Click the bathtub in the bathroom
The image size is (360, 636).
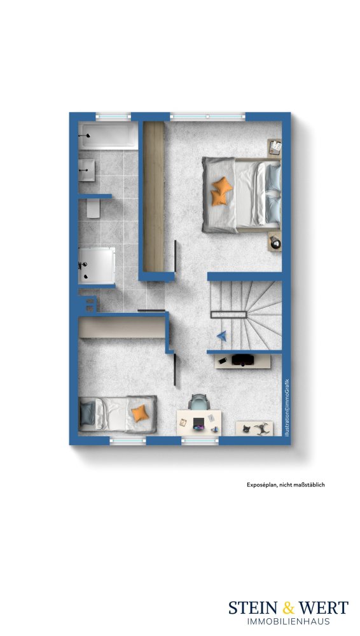[x=108, y=135]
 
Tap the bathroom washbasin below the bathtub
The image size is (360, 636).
[x=87, y=170]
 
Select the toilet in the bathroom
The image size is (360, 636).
[x=93, y=209]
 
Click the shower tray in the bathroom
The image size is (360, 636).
[x=97, y=266]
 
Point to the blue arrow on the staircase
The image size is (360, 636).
[x=221, y=335]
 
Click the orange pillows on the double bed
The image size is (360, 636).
[x=221, y=191]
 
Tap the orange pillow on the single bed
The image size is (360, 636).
[x=139, y=413]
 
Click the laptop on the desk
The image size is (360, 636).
[x=199, y=423]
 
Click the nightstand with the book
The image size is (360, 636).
[x=275, y=148]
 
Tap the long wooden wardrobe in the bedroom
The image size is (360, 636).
[x=154, y=197]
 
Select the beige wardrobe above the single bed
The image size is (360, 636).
[x=121, y=327]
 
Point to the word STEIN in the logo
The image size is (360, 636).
[x=253, y=607]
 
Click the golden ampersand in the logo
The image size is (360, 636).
[x=288, y=607]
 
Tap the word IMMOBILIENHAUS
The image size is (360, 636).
[x=288, y=621]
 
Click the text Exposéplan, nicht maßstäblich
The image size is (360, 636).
[x=286, y=484]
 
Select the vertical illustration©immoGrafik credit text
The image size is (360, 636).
[x=287, y=407]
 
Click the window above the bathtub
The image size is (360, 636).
[x=113, y=117]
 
